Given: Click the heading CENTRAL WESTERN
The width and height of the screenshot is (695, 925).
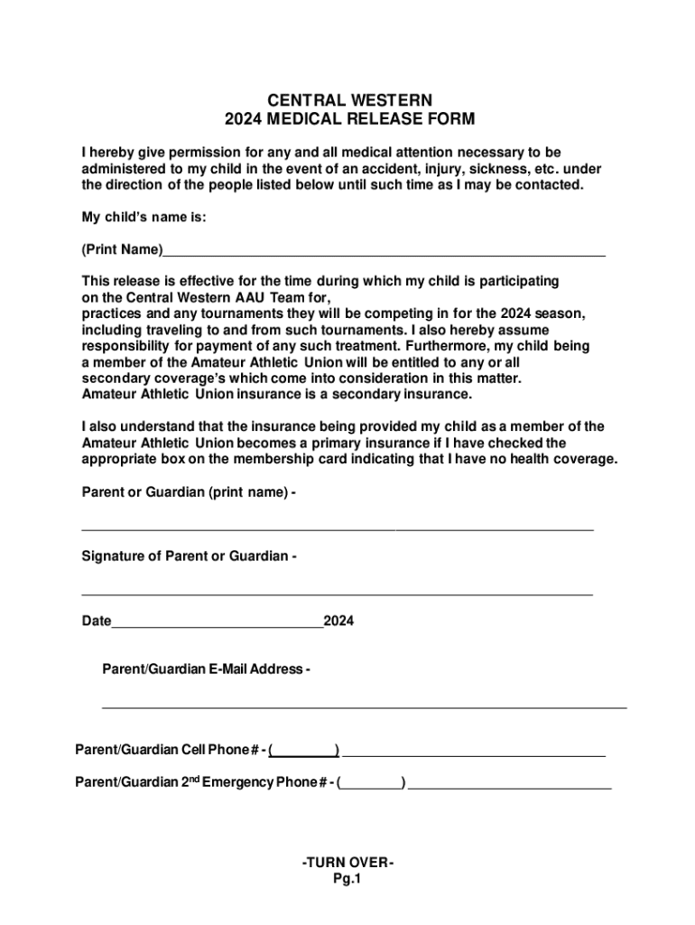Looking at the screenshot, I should [x=348, y=99].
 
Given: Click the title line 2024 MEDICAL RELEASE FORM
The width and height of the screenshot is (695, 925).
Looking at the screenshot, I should [x=348, y=119].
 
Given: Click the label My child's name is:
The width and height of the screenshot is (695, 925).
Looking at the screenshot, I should [x=144, y=217].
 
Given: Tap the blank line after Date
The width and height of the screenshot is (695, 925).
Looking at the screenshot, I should [x=218, y=624].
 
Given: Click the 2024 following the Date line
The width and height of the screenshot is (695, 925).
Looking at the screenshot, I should [x=339, y=621].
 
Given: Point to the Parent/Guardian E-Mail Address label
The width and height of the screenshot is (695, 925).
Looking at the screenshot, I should [x=206, y=669].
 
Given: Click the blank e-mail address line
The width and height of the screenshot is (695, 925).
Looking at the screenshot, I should [x=364, y=705].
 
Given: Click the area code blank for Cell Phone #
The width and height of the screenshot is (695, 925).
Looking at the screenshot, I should [x=305, y=752].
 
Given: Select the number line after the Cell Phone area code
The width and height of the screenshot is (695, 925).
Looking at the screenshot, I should [x=474, y=752].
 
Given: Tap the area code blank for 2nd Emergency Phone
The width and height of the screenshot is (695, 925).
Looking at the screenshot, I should [x=372, y=786].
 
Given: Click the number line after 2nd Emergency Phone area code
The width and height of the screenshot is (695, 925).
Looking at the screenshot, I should [x=510, y=786].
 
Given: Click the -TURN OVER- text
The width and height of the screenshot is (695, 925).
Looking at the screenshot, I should [x=348, y=863].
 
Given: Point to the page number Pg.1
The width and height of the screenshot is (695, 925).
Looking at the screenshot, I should [x=347, y=880].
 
